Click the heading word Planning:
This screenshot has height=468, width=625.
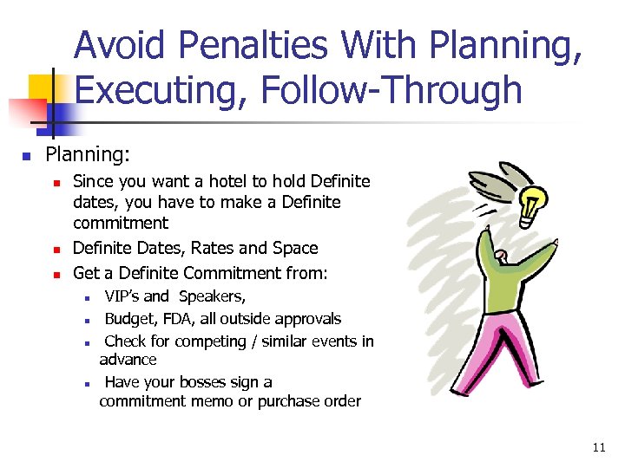click(88, 154)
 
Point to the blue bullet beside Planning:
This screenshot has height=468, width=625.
click(26, 156)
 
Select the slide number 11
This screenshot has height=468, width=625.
click(598, 447)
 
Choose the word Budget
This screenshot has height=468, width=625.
click(130, 319)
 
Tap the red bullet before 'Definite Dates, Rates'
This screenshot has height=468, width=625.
click(56, 250)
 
